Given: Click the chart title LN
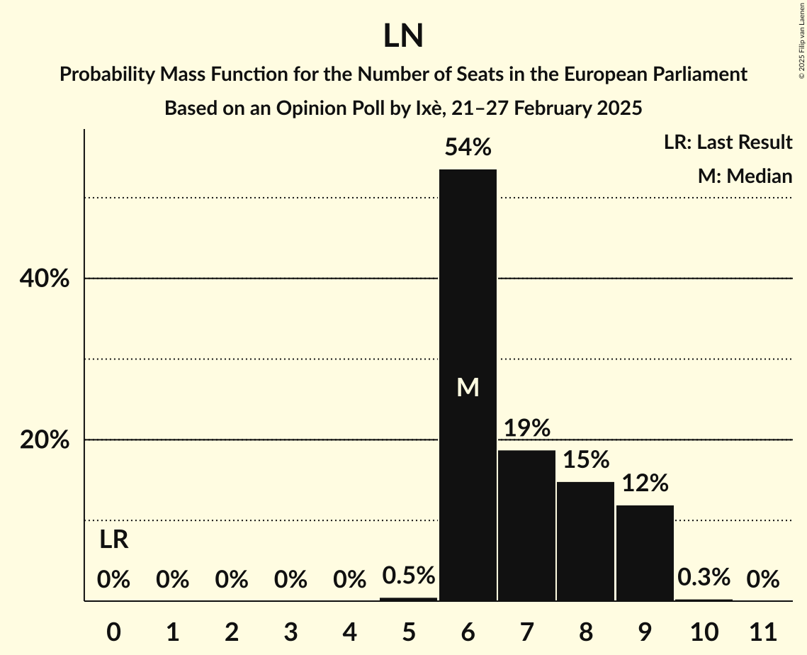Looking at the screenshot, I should click(403, 36).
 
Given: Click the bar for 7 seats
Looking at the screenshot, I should click(526, 525).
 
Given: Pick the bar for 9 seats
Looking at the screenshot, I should click(645, 553).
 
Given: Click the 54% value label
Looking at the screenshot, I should click(468, 147).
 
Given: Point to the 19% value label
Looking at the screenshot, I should click(526, 428).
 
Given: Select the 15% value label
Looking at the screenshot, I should click(585, 459).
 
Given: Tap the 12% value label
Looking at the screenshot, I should click(645, 483).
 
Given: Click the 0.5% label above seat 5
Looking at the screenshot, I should click(408, 576).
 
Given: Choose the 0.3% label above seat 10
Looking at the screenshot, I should click(704, 578).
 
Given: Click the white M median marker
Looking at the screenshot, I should click(468, 387).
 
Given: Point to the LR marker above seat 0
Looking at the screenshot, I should click(113, 540).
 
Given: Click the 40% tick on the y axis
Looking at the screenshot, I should click(44, 279).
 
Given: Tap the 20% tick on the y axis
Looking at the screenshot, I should click(44, 440).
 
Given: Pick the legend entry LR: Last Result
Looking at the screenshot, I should click(728, 142).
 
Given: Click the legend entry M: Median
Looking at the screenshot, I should click(744, 176).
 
